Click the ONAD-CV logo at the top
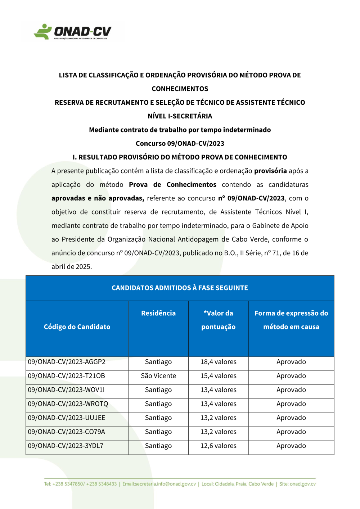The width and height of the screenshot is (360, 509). pyautogui.click(x=72, y=32)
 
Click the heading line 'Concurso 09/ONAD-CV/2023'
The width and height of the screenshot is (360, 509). pyautogui.click(x=180, y=143)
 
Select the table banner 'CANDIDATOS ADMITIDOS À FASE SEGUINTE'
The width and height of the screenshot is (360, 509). pyautogui.click(x=180, y=288)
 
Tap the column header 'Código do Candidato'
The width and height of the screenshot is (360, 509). pyautogui.click(x=77, y=327)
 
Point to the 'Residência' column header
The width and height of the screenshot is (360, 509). pyautogui.click(x=158, y=313)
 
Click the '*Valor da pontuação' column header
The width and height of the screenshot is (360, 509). pyautogui.click(x=218, y=320)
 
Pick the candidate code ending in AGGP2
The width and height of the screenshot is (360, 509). pyautogui.click(x=67, y=362)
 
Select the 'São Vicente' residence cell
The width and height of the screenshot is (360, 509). pyautogui.click(x=158, y=376)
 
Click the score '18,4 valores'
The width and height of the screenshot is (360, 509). pyautogui.click(x=218, y=362)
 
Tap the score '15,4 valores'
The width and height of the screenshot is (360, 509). pyautogui.click(x=218, y=376)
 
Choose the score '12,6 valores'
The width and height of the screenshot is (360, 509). pyautogui.click(x=218, y=446)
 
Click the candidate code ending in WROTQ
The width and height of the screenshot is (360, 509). pyautogui.click(x=68, y=404)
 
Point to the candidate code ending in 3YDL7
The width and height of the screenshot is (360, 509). pyautogui.click(x=66, y=446)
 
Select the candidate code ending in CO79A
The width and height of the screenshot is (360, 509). pyautogui.click(x=67, y=432)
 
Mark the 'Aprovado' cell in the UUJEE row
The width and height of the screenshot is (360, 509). pyautogui.click(x=291, y=418)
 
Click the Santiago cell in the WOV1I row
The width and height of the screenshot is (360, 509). pyautogui.click(x=158, y=390)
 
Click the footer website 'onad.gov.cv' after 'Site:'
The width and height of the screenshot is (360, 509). pyautogui.click(x=302, y=484)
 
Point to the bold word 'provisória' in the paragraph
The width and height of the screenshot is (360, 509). pyautogui.click(x=270, y=171)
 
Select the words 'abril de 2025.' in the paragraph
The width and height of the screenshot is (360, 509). pyautogui.click(x=72, y=267)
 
